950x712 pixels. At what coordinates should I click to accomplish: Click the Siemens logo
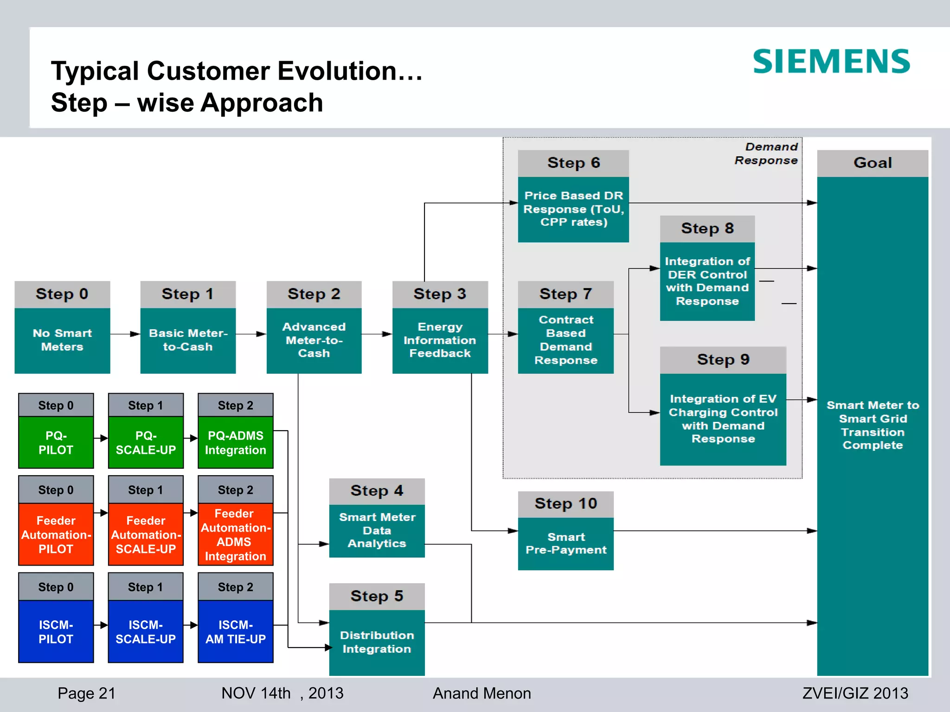click(x=831, y=62)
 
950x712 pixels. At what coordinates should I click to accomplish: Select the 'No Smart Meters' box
click(x=62, y=340)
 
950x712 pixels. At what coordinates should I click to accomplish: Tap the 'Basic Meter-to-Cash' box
click(x=188, y=340)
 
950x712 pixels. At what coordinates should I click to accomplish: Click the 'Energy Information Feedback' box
click(x=440, y=340)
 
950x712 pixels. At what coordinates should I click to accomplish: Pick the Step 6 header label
click(x=573, y=163)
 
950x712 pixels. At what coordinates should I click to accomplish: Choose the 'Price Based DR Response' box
click(x=573, y=209)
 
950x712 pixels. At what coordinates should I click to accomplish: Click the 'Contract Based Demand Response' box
click(x=565, y=340)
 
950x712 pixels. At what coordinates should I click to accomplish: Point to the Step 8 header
click(x=707, y=229)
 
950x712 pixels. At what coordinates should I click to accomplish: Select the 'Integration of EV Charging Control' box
click(x=723, y=419)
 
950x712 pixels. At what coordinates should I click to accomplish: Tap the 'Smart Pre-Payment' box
click(x=565, y=543)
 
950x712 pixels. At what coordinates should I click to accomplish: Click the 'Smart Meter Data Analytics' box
click(x=377, y=530)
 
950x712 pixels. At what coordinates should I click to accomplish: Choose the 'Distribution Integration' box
click(x=377, y=642)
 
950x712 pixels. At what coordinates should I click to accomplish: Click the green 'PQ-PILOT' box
click(x=56, y=442)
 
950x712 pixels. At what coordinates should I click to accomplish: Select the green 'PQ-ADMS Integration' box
click(x=235, y=442)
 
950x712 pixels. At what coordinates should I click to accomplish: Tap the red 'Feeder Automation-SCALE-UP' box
click(x=146, y=534)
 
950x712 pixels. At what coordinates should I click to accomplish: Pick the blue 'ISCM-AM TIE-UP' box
click(x=235, y=631)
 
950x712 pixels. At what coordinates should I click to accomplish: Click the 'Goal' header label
click(x=872, y=163)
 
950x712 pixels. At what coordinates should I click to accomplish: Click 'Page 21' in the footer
click(x=86, y=693)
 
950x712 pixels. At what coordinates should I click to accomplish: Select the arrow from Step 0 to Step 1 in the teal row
click(x=125, y=334)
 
